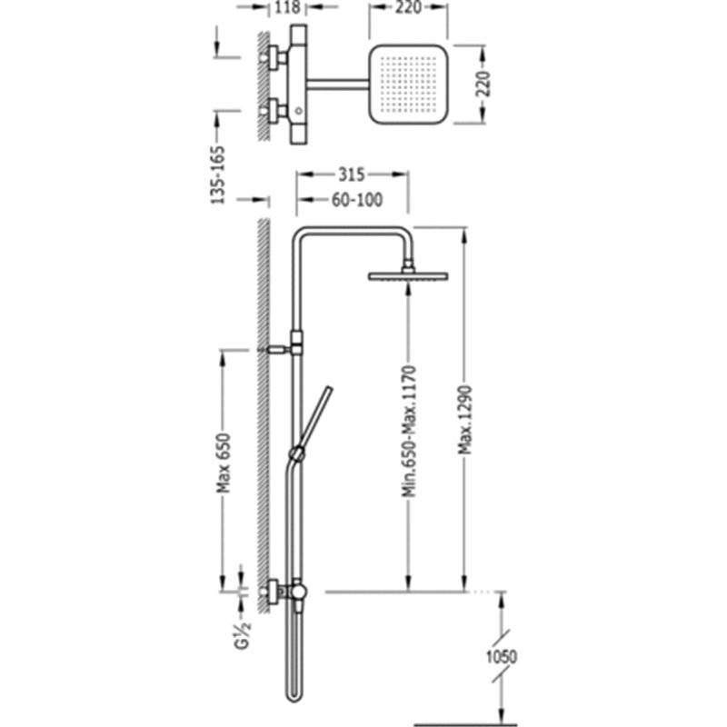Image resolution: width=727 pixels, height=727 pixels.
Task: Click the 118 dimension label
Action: (x=287, y=7)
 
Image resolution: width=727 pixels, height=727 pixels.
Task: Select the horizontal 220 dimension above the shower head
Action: (x=408, y=7)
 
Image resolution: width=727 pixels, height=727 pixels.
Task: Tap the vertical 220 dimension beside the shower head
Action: (x=483, y=84)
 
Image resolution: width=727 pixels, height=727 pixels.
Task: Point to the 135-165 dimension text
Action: (x=217, y=174)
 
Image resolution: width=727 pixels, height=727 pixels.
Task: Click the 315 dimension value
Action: (x=352, y=174)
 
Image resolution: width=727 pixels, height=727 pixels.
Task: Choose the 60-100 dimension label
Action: (x=357, y=200)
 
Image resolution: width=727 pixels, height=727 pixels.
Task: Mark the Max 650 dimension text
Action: (x=224, y=463)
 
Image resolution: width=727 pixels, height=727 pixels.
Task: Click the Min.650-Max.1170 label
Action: (x=410, y=432)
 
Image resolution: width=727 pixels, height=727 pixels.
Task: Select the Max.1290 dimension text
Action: (x=465, y=420)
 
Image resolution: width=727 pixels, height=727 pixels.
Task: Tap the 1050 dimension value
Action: (x=502, y=657)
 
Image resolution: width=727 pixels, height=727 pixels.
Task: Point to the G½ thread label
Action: (x=243, y=636)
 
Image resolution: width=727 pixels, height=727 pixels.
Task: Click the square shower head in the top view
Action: (x=408, y=85)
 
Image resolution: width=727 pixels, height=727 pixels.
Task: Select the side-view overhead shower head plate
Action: (x=408, y=276)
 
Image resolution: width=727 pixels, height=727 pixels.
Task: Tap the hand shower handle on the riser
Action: (x=315, y=417)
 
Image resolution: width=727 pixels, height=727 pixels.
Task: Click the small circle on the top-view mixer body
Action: (x=299, y=111)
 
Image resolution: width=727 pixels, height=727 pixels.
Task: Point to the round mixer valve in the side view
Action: (x=298, y=592)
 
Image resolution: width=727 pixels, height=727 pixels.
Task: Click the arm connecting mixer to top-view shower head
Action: (x=337, y=84)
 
